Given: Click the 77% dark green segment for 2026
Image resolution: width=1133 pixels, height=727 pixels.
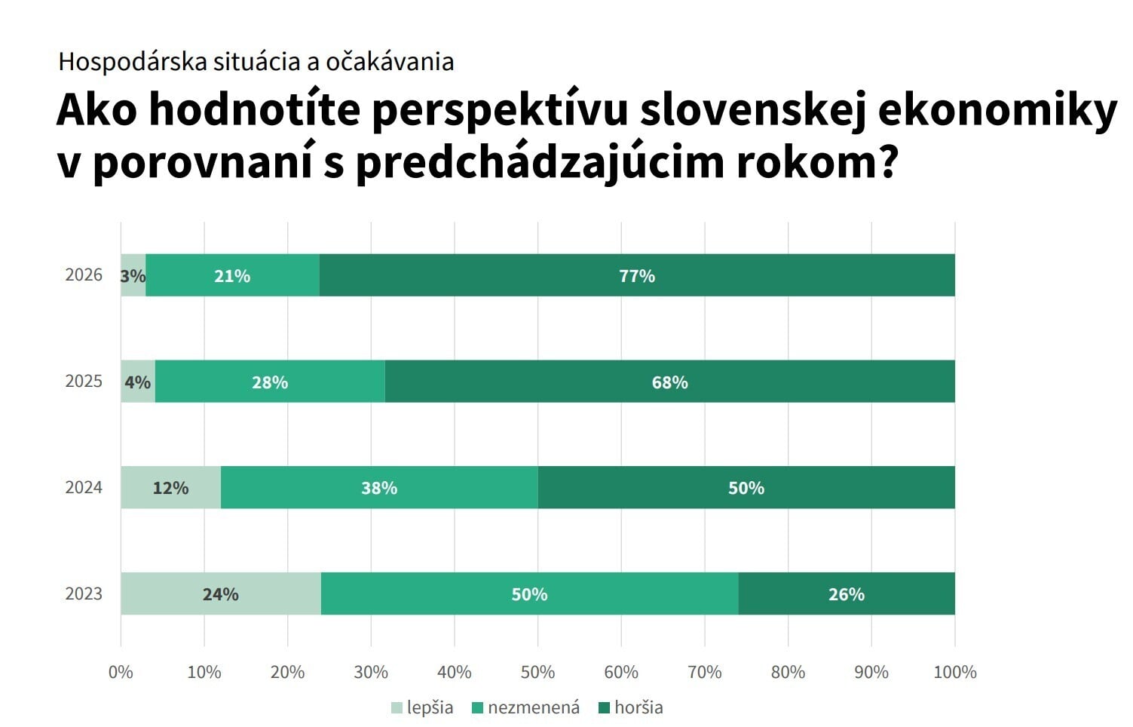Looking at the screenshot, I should (637, 275).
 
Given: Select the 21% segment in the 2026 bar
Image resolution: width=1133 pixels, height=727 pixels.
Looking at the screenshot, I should (232, 275).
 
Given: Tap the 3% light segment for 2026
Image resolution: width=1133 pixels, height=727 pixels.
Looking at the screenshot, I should (133, 275).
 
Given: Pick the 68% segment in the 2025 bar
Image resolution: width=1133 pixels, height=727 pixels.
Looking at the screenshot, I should (669, 382).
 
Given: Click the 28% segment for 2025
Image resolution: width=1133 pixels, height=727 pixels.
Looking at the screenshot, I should (270, 382).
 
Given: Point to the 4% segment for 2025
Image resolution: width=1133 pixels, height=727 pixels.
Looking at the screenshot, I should (138, 382).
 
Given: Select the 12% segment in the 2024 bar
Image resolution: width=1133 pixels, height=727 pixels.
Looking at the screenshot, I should (170, 488).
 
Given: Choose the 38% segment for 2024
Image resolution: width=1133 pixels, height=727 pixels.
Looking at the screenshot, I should (379, 488).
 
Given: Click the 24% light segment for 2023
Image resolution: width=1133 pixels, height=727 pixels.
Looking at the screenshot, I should (220, 594).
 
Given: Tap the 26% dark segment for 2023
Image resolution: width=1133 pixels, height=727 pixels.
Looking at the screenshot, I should (846, 594).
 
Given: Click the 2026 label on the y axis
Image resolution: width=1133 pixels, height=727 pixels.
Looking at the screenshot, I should (84, 275).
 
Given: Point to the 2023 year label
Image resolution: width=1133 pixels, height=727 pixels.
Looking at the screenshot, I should (84, 594).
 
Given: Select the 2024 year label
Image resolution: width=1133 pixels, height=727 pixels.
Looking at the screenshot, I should (84, 487).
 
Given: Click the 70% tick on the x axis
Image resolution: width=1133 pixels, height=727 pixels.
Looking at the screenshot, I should (705, 672).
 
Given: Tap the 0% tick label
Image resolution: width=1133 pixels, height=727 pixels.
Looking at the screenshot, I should (121, 672).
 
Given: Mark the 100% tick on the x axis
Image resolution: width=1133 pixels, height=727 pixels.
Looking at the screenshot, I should (954, 672).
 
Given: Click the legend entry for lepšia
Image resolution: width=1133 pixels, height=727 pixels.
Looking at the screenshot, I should (422, 707).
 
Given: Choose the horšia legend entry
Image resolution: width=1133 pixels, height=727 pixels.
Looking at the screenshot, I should (630, 707).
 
